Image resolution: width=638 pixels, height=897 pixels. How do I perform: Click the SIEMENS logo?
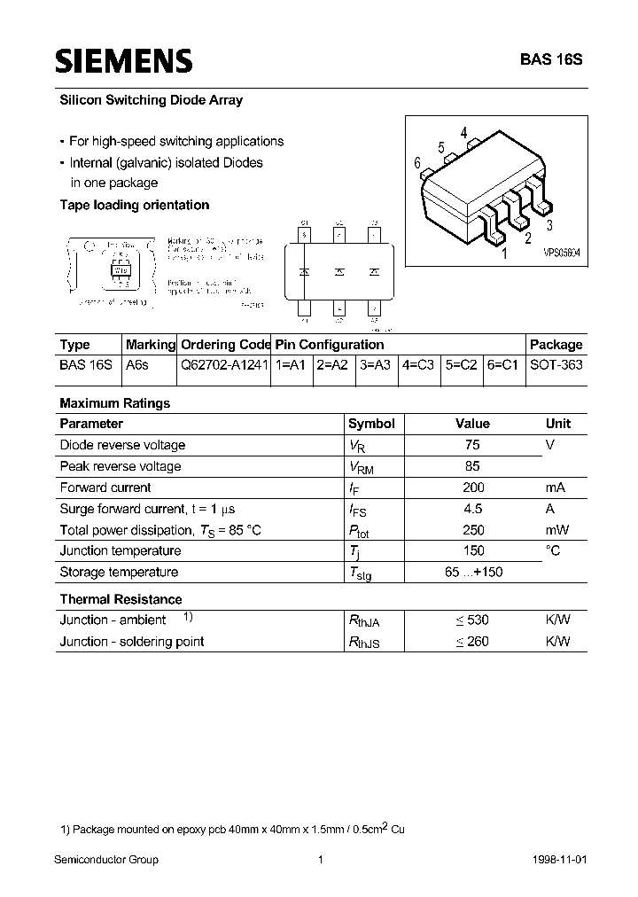[123, 60]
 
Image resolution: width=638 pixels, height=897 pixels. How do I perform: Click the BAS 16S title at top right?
[550, 61]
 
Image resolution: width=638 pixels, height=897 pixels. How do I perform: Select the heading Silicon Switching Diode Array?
[151, 101]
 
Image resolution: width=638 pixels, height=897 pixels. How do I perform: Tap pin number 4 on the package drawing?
[463, 135]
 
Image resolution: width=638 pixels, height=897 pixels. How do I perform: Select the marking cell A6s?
[136, 365]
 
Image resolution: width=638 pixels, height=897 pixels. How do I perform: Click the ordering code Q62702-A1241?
[225, 365]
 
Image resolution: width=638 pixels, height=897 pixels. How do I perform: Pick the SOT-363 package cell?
[556, 365]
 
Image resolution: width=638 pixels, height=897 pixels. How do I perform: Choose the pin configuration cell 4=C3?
[417, 365]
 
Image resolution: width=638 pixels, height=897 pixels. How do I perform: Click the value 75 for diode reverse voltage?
[471, 445]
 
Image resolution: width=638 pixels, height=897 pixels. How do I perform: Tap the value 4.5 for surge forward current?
[472, 509]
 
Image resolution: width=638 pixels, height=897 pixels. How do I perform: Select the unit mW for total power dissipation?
[556, 530]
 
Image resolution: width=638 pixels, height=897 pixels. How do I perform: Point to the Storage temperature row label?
[119, 573]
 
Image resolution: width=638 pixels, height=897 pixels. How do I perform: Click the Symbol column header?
[371, 424]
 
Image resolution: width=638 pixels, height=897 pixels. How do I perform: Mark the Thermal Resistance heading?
[121, 599]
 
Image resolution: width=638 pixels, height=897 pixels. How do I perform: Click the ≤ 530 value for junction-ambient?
[471, 620]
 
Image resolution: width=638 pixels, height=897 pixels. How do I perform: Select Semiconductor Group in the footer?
[106, 860]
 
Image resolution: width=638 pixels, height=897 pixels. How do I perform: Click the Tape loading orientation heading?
[134, 206]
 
